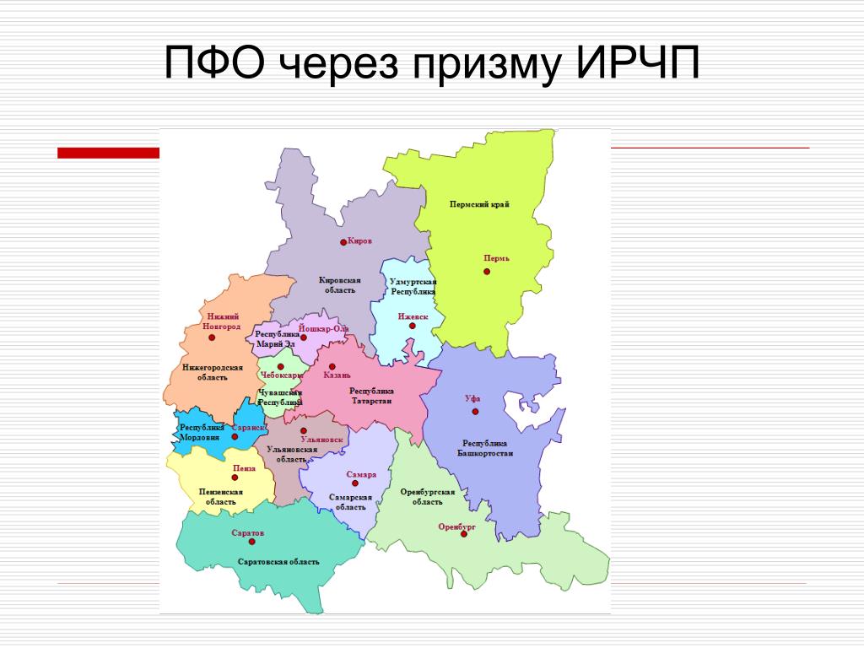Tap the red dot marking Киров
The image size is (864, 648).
click(343, 242)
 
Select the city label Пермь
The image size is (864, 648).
click(496, 258)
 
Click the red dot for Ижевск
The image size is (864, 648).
click(412, 327)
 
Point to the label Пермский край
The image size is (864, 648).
click(479, 204)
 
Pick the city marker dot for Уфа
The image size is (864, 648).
click(475, 412)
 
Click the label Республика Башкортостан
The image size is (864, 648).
click(485, 448)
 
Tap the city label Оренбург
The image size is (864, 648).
click(456, 526)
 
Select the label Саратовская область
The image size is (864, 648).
click(278, 562)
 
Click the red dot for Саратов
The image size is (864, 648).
click(251, 542)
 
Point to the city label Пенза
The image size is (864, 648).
click(244, 468)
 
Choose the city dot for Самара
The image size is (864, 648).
click(355, 483)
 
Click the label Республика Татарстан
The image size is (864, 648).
click(371, 396)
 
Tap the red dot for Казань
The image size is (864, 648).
click(332, 366)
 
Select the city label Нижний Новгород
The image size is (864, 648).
click(222, 321)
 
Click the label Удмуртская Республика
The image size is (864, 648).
click(413, 287)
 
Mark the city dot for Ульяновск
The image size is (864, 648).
click(304, 430)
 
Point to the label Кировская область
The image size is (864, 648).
click(339, 285)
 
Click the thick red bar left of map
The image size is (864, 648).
click(109, 154)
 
